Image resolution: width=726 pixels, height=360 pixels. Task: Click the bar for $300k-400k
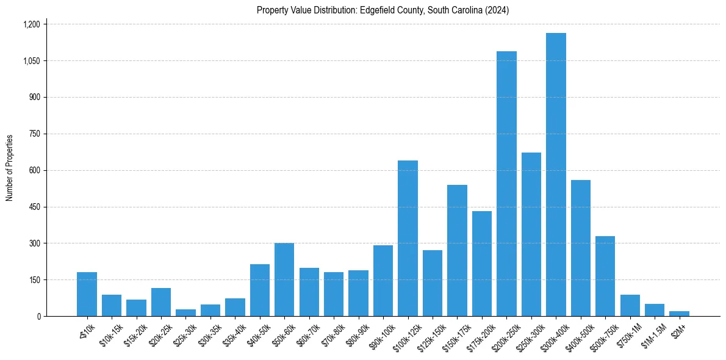pyautogui.click(x=556, y=175)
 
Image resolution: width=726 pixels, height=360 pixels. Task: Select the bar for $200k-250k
pyautogui.click(x=506, y=184)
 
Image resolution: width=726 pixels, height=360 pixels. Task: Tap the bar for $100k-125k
pyautogui.click(x=408, y=238)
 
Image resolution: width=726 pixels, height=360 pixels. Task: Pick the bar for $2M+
pyautogui.click(x=679, y=314)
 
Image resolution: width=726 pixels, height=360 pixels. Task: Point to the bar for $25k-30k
pyautogui.click(x=185, y=312)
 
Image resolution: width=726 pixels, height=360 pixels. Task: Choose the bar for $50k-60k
pyautogui.click(x=284, y=279)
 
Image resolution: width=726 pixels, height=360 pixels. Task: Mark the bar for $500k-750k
pyautogui.click(x=605, y=276)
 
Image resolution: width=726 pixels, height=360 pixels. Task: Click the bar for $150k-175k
pyautogui.click(x=457, y=250)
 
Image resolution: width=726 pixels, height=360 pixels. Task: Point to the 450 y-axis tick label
pyautogui.click(x=34, y=207)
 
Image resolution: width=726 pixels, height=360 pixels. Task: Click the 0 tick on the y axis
pyautogui.click(x=38, y=316)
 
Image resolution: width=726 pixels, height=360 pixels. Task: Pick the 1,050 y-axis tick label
pyautogui.click(x=31, y=61)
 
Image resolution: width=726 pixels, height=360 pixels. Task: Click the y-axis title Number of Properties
pyautogui.click(x=9, y=168)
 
